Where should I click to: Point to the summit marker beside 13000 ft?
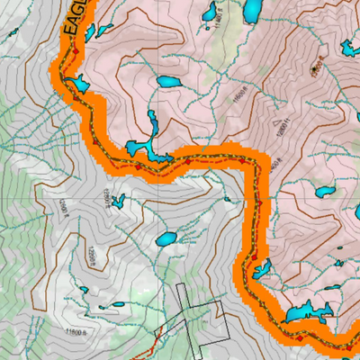(x=315, y=67)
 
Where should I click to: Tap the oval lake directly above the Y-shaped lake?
(x=167, y=81)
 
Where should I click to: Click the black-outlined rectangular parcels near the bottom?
(x=193, y=315)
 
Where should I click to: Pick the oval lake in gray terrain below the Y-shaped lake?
(x=166, y=239)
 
